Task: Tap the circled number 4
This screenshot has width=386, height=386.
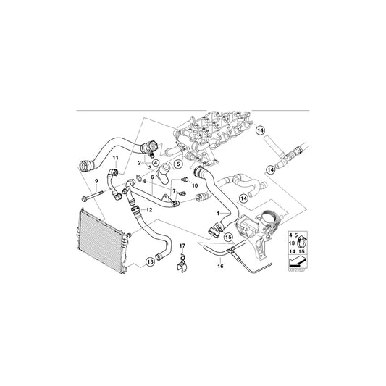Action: [156, 164]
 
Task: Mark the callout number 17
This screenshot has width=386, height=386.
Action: [182, 246]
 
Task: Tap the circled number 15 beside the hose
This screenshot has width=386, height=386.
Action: [228, 235]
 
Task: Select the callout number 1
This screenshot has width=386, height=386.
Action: [217, 214]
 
